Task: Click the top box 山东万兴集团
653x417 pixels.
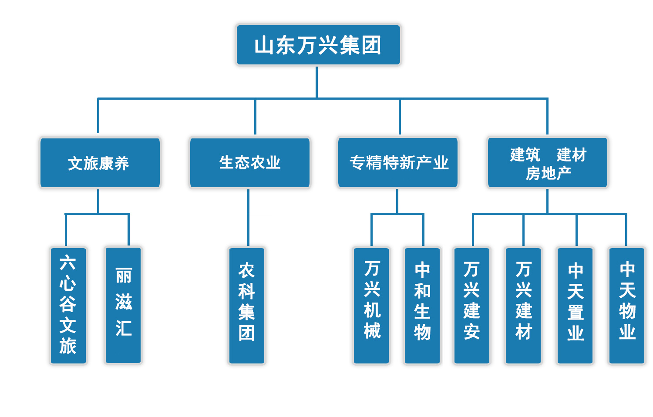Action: (318, 45)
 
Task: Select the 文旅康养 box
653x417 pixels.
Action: (100, 163)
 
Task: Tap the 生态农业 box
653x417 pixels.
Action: (249, 162)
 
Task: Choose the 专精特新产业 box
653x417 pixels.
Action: (398, 162)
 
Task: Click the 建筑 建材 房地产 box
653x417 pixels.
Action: (547, 162)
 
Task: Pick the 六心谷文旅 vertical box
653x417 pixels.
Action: (68, 305)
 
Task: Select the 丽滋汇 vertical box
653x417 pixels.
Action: (123, 305)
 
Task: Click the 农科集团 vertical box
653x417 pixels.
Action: (247, 305)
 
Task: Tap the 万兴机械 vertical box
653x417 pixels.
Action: (371, 305)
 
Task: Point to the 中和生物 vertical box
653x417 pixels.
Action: (422, 305)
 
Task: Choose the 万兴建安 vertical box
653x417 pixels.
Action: (472, 305)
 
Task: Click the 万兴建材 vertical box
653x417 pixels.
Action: (523, 305)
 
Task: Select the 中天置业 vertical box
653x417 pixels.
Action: (575, 305)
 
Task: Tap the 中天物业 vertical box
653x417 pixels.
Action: (627, 305)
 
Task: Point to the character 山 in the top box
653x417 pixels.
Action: (264, 45)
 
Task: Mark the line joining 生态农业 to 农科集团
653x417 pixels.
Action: (248, 218)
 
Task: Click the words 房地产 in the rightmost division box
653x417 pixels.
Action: (548, 173)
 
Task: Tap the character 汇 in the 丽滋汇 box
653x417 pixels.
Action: (124, 328)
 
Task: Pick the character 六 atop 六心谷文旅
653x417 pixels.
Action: (68, 262)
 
